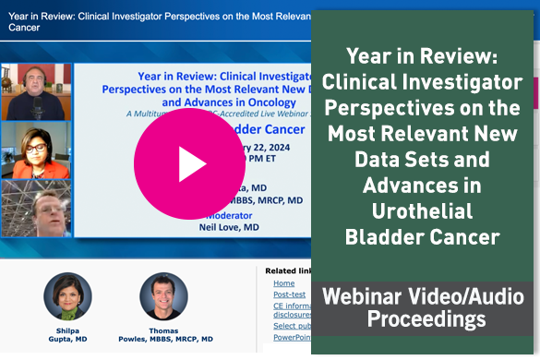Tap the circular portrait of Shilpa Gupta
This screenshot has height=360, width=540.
(67, 296)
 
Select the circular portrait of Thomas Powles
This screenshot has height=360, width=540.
(163, 296)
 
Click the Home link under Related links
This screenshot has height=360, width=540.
(284, 283)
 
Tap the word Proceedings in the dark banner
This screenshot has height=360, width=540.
(426, 319)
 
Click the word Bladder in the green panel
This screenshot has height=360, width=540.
(384, 238)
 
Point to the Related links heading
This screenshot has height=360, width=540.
(287, 270)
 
